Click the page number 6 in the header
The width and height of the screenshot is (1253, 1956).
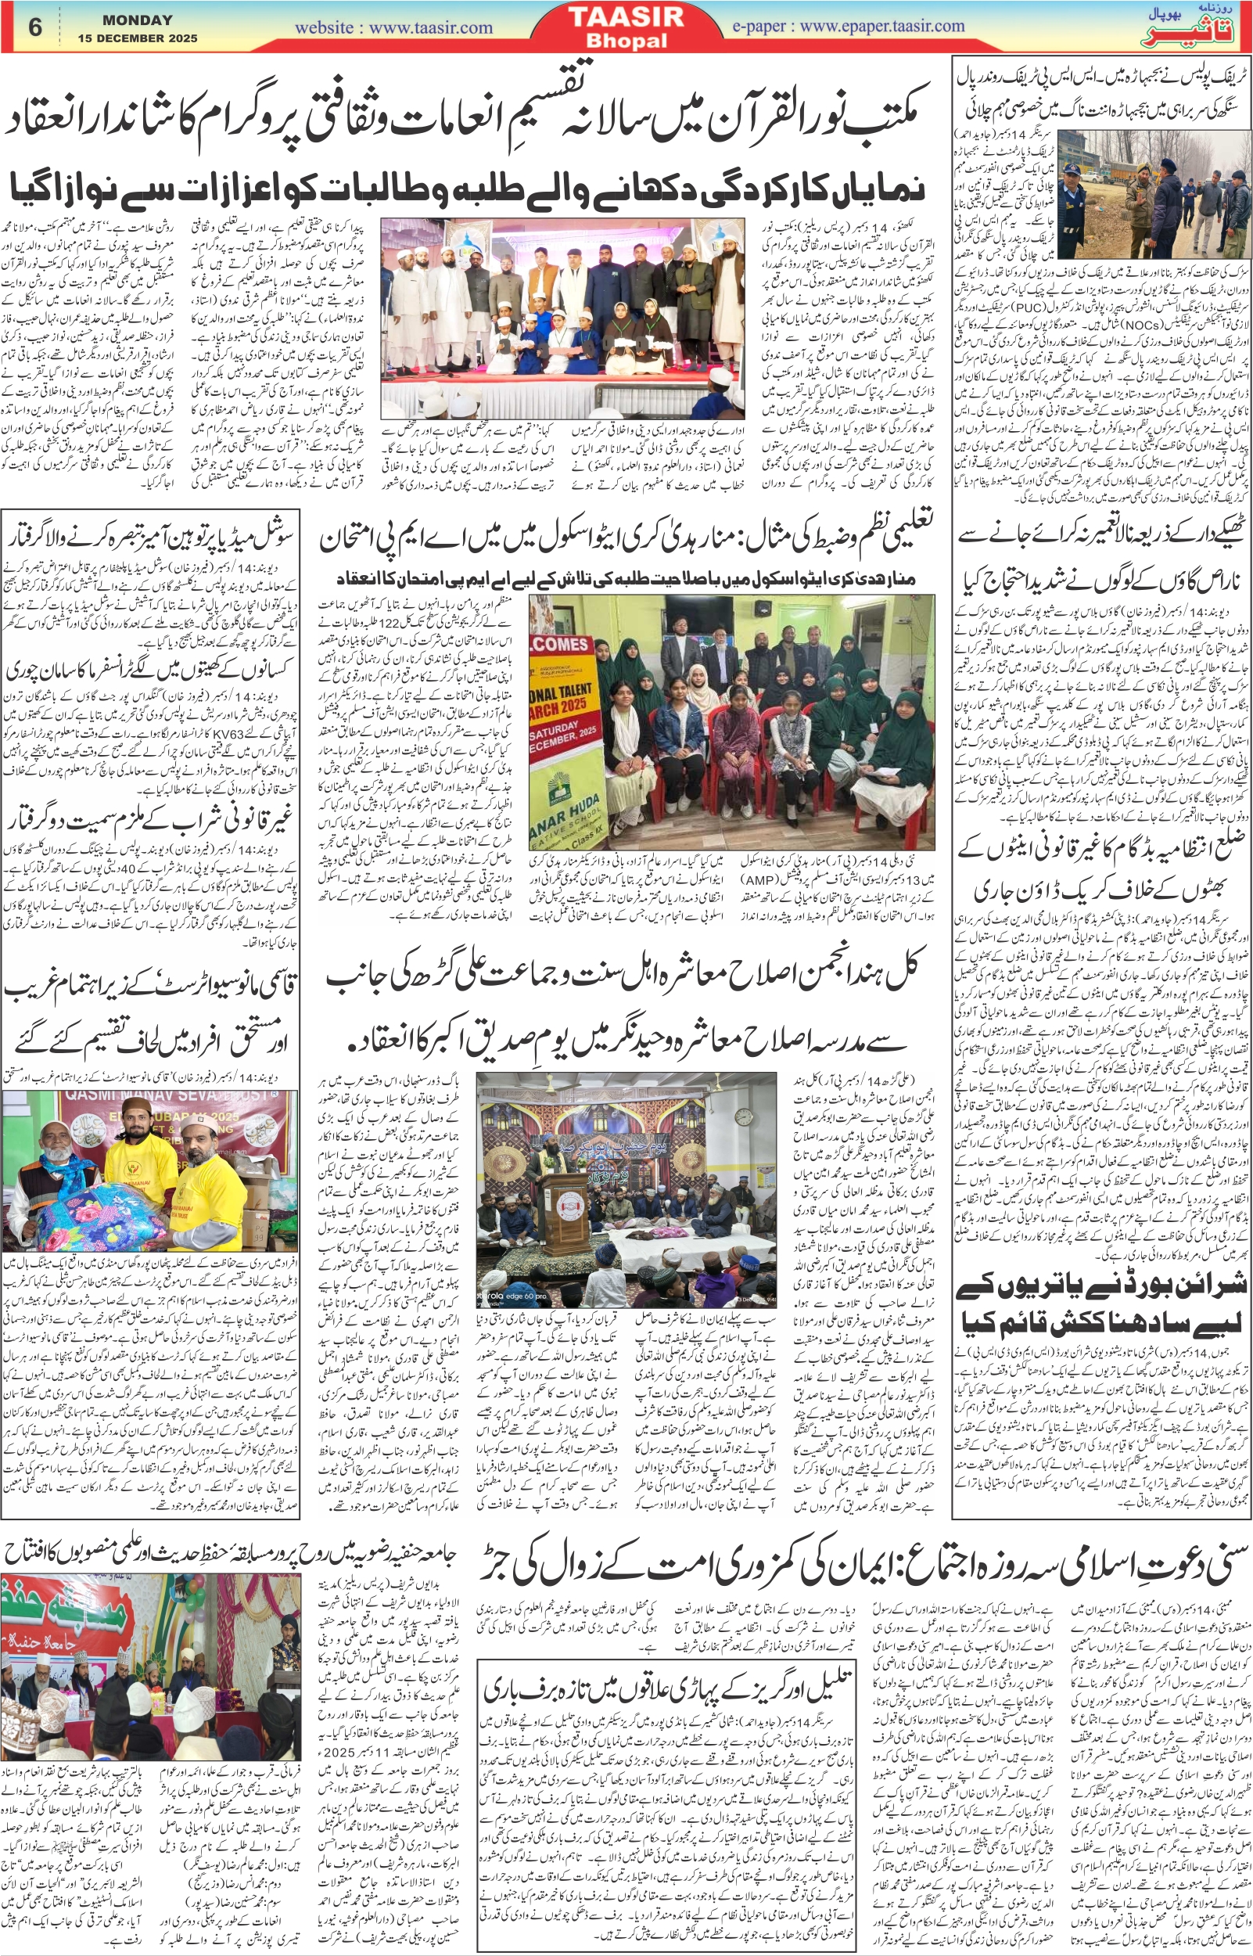[35, 27]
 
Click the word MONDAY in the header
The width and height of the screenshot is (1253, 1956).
[138, 20]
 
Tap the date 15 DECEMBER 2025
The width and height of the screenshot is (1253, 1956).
[138, 38]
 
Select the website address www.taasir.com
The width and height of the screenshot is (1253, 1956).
[393, 27]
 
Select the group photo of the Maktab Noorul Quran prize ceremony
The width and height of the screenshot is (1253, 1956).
[562, 318]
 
